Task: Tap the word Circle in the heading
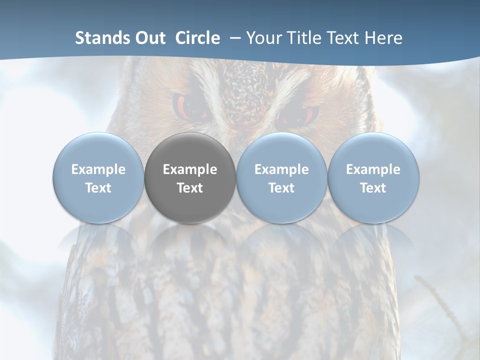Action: [197, 38]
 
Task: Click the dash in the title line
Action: [233, 38]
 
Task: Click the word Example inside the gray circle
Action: [190, 169]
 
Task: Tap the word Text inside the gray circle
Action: [190, 188]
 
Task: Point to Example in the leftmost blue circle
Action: [98, 169]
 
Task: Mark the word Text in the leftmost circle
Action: [98, 188]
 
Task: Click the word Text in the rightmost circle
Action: [373, 188]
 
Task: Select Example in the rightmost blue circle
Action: [373, 169]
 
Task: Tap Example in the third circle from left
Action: [281, 169]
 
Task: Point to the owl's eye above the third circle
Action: [299, 116]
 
